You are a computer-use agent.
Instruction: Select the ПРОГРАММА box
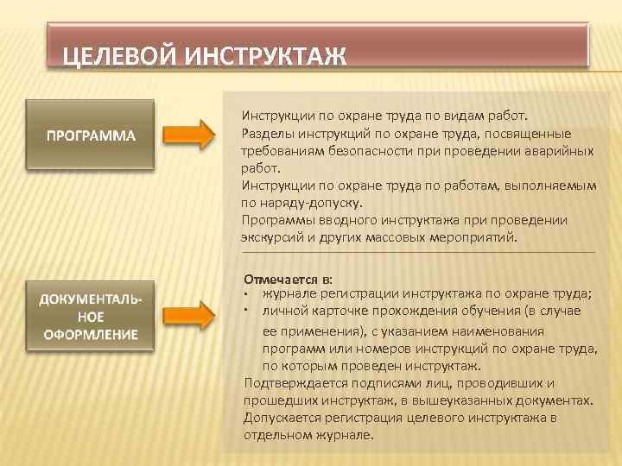coord(91,135)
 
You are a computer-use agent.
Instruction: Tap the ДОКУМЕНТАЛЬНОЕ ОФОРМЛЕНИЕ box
coord(91,316)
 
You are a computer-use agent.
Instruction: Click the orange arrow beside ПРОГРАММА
coord(188,135)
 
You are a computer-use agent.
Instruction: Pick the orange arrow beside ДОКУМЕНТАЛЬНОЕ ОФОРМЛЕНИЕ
coord(188,315)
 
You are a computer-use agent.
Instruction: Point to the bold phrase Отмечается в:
coord(289,279)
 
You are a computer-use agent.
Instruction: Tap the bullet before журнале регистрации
coord(248,295)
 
